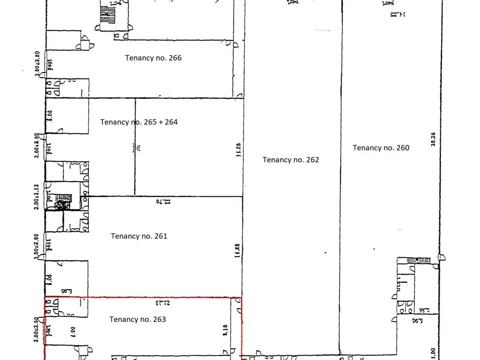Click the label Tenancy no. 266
coord(153,58)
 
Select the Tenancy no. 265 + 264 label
coord(139,122)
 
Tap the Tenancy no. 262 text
coord(291,160)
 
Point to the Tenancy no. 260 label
coord(381,148)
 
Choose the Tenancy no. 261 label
coord(139,236)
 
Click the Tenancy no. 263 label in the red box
coord(137,319)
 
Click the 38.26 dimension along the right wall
coord(433,139)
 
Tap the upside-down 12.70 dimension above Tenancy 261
coord(163,201)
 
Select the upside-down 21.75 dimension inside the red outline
coord(162,302)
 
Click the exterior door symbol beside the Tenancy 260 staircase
coord(442,257)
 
